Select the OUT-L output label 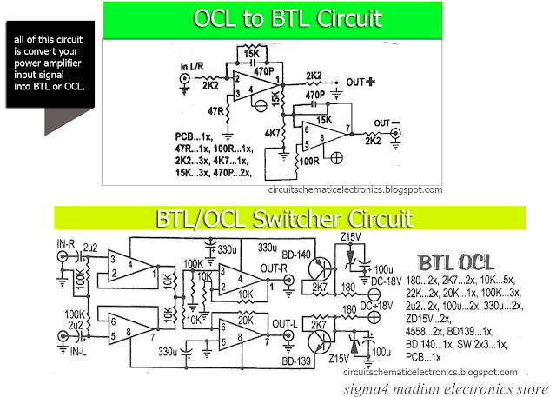(285, 323)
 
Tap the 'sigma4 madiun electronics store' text (447, 387)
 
